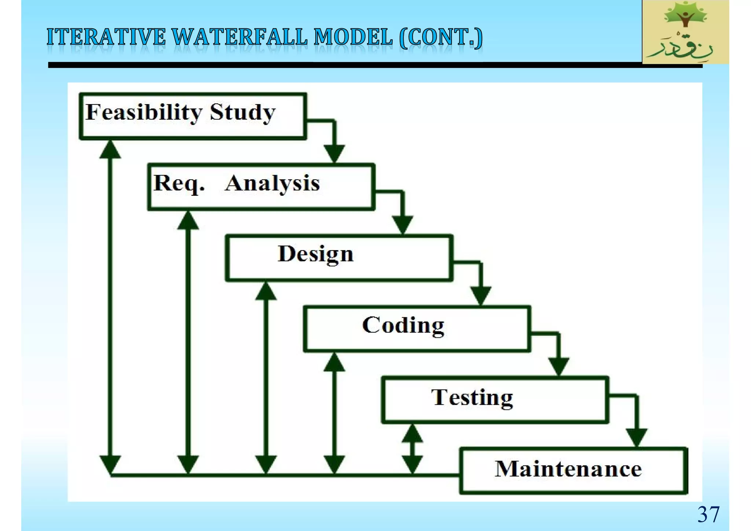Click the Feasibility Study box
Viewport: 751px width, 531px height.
tap(193, 116)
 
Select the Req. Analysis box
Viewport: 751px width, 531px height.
tap(261, 187)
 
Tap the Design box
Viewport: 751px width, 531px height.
tap(339, 258)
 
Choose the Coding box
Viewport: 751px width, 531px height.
tap(417, 329)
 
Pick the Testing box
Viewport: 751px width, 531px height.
tap(495, 400)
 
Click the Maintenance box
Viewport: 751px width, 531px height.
tap(573, 471)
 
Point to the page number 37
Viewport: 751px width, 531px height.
tap(708, 514)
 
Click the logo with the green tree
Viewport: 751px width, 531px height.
tap(685, 32)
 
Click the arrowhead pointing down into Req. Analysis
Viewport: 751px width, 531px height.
tap(334, 154)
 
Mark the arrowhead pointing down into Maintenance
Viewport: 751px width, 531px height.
tap(637, 437)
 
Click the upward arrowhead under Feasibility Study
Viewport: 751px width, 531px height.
tap(110, 150)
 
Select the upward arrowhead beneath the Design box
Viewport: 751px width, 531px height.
tap(266, 292)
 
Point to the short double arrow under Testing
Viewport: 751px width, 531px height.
tap(412, 449)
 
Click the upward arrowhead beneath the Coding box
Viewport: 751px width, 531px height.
tap(334, 362)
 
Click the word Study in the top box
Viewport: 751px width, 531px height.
tap(242, 113)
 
